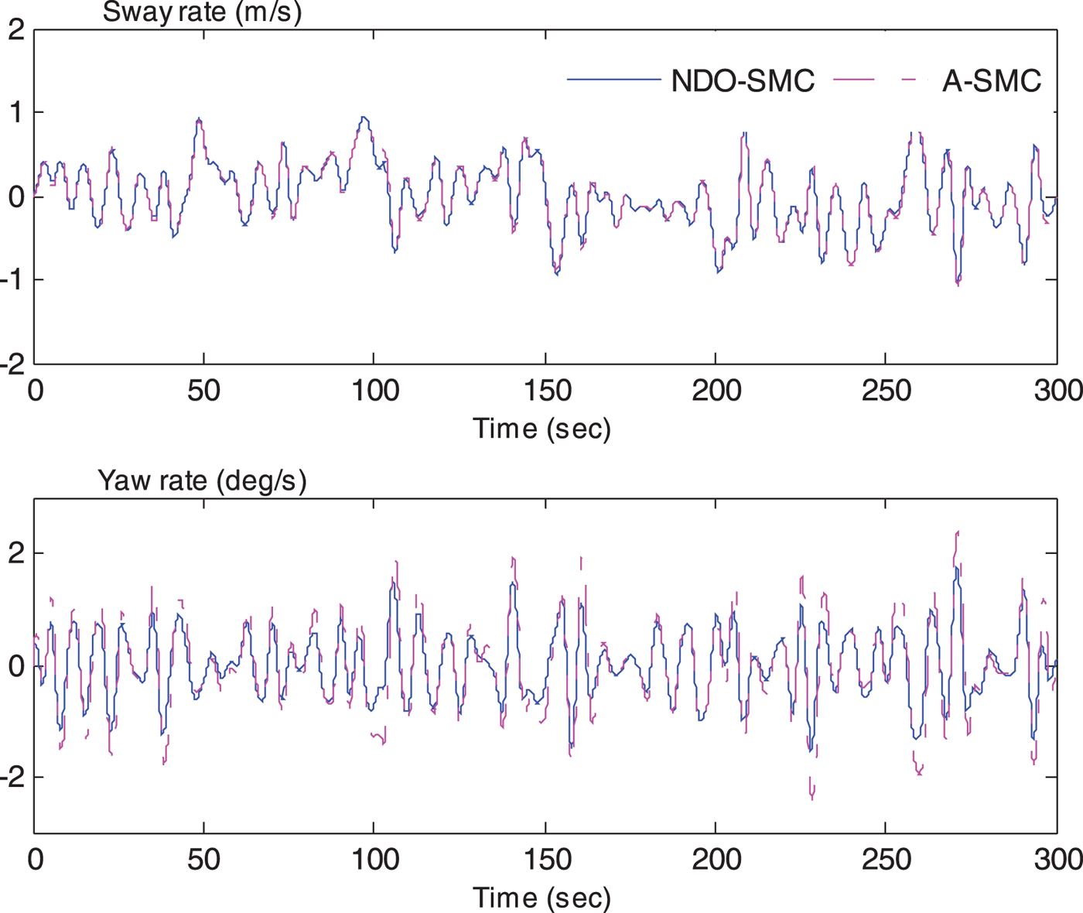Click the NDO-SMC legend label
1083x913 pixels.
[743, 81]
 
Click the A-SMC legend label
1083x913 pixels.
[991, 81]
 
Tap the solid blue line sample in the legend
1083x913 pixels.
[613, 80]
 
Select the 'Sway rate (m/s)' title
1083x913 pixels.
[202, 12]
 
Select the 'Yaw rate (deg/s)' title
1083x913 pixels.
[202, 480]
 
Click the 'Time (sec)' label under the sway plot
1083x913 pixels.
[541, 428]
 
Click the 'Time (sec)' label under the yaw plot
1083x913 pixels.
[541, 898]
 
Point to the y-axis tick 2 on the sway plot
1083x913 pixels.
[16, 31]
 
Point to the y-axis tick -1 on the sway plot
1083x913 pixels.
[12, 280]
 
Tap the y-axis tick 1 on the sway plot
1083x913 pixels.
[16, 113]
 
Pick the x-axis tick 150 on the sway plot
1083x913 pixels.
[547, 391]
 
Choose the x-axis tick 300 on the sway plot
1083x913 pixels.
[1057, 391]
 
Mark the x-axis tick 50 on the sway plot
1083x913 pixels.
[203, 391]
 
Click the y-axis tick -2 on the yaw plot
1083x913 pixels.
[12, 778]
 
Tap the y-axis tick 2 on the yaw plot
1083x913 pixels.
[16, 554]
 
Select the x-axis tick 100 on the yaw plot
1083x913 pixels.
[375, 859]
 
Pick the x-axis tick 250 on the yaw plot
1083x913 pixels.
[886, 859]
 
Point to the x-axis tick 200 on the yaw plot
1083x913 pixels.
[716, 859]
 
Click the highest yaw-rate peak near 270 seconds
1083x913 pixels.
[957, 533]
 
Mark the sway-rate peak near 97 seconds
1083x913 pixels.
[364, 118]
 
